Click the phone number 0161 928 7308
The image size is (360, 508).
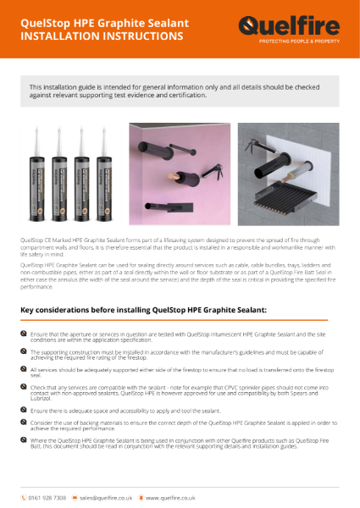point(46,497)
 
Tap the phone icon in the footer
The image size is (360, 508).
point(24,497)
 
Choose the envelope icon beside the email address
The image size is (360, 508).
point(75,497)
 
